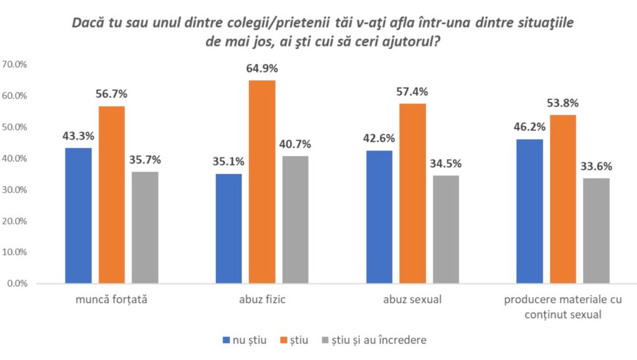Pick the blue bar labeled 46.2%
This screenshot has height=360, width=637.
click(530, 211)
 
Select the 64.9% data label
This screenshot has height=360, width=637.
click(261, 68)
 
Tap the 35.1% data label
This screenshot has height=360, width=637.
click(228, 162)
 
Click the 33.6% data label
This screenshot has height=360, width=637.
click(596, 166)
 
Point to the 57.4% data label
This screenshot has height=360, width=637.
click(412, 91)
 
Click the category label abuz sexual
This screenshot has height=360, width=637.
click(412, 301)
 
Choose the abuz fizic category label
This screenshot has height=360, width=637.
click(261, 301)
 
